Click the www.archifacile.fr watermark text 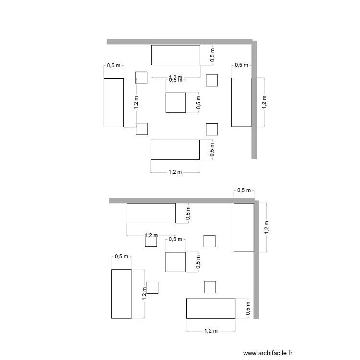[268, 353]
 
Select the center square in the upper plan [176, 103]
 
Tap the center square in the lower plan [176, 262]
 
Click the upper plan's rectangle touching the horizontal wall [176, 55]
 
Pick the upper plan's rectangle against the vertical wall [241, 102]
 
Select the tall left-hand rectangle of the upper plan [114, 102]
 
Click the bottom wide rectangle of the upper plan [175, 149]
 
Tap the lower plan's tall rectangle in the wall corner [244, 227]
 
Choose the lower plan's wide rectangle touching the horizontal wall [151, 213]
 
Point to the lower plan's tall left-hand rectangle [121, 294]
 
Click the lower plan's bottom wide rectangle [211, 308]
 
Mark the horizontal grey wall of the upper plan [180, 42]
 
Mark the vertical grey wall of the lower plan [256, 259]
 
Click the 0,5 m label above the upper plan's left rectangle [114, 66]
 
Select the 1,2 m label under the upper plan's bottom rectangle [176, 172]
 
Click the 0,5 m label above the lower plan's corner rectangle [244, 191]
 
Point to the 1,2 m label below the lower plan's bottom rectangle [211, 331]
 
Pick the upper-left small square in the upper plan [141, 77]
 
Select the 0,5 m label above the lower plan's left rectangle [121, 256]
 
